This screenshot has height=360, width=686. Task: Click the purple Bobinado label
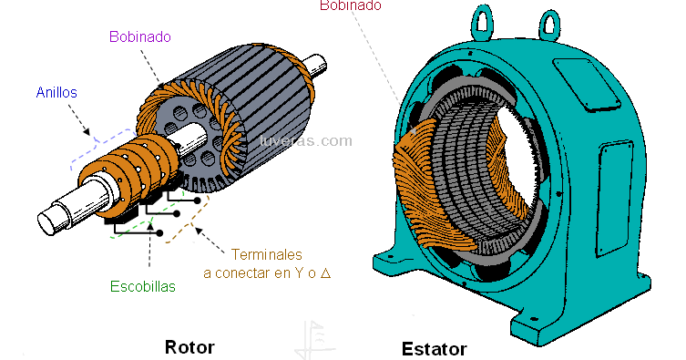pos(140,36)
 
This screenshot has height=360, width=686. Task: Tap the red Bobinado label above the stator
pos(351,5)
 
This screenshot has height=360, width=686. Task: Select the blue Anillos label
pos(56,92)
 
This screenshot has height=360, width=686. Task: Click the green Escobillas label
pos(143,286)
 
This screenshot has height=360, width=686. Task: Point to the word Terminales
pos(266,254)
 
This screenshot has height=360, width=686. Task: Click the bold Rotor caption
pos(189,347)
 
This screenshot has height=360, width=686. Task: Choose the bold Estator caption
pos(434,349)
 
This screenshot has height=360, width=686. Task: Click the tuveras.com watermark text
pos(305,141)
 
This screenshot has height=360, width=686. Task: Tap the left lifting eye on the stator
pos(482,22)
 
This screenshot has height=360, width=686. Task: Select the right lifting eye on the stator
pos(549,26)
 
